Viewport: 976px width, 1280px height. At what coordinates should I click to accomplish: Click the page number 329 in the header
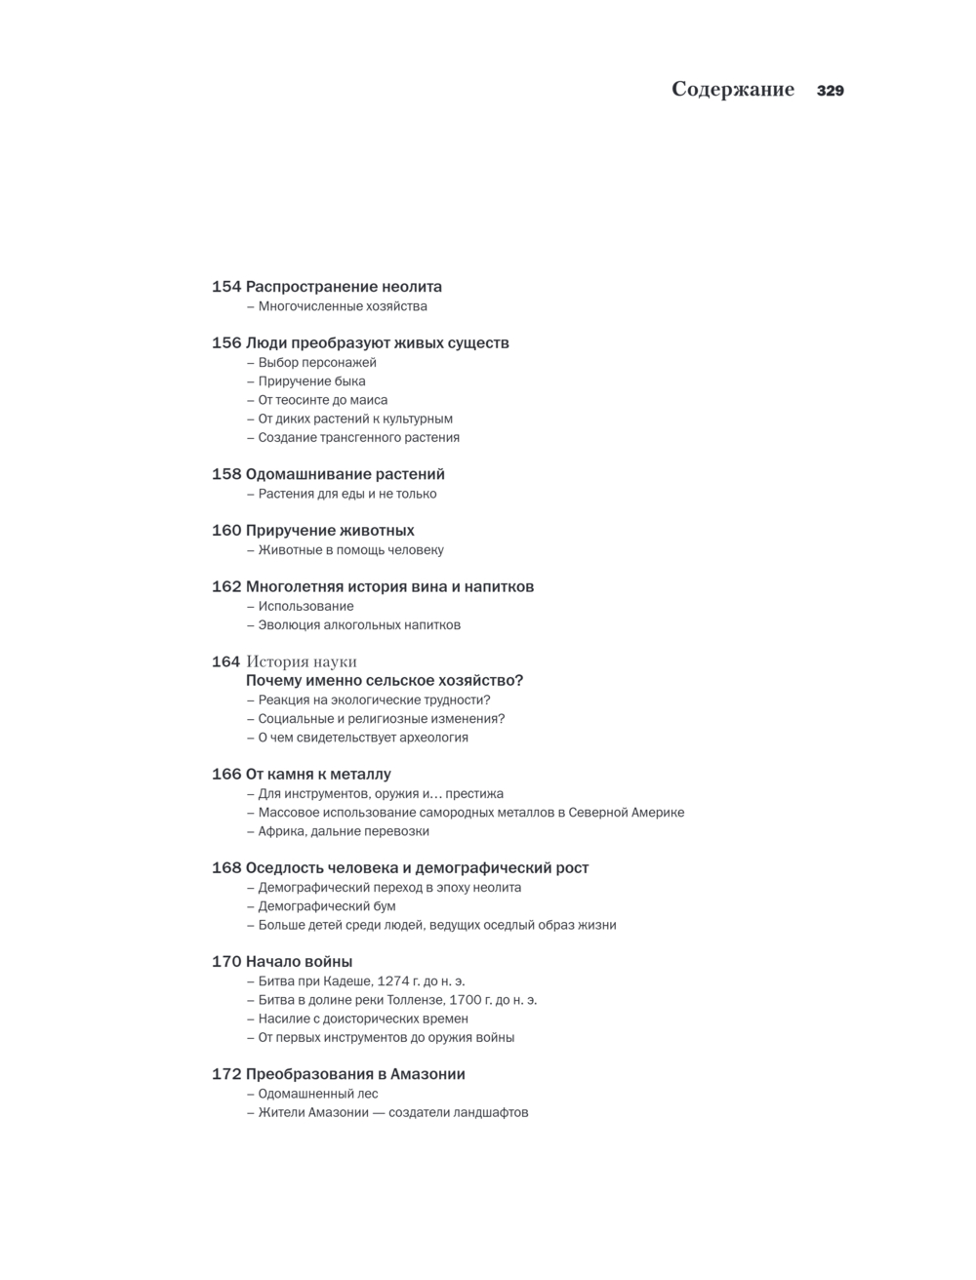830,91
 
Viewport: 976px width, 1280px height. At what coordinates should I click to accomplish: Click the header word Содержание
733,90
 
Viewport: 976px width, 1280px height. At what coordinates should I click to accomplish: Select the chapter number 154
226,287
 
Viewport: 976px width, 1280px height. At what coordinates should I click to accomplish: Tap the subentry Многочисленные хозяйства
343,306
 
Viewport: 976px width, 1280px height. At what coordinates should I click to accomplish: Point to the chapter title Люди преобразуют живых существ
377,343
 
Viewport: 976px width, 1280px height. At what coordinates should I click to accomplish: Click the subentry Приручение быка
311,381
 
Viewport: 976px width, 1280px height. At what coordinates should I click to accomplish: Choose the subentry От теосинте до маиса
322,400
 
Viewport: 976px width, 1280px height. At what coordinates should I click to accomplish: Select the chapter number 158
226,474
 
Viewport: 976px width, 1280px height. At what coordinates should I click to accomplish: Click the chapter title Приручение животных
330,531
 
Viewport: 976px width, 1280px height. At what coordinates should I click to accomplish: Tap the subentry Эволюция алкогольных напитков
359,625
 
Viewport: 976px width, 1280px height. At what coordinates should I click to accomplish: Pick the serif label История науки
302,661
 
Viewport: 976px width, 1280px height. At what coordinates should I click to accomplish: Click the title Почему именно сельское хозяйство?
385,681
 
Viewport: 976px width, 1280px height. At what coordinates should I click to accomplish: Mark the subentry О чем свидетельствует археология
363,738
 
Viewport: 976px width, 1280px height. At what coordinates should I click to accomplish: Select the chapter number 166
226,775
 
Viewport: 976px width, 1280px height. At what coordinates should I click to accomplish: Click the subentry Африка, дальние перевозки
344,831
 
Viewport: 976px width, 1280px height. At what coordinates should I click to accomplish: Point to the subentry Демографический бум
327,906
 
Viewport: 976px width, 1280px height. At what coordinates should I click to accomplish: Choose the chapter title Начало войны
299,962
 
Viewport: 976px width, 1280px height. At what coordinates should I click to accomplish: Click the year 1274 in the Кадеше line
395,981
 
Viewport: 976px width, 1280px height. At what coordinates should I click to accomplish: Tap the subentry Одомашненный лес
318,1094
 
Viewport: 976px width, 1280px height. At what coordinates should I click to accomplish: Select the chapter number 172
226,1074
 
